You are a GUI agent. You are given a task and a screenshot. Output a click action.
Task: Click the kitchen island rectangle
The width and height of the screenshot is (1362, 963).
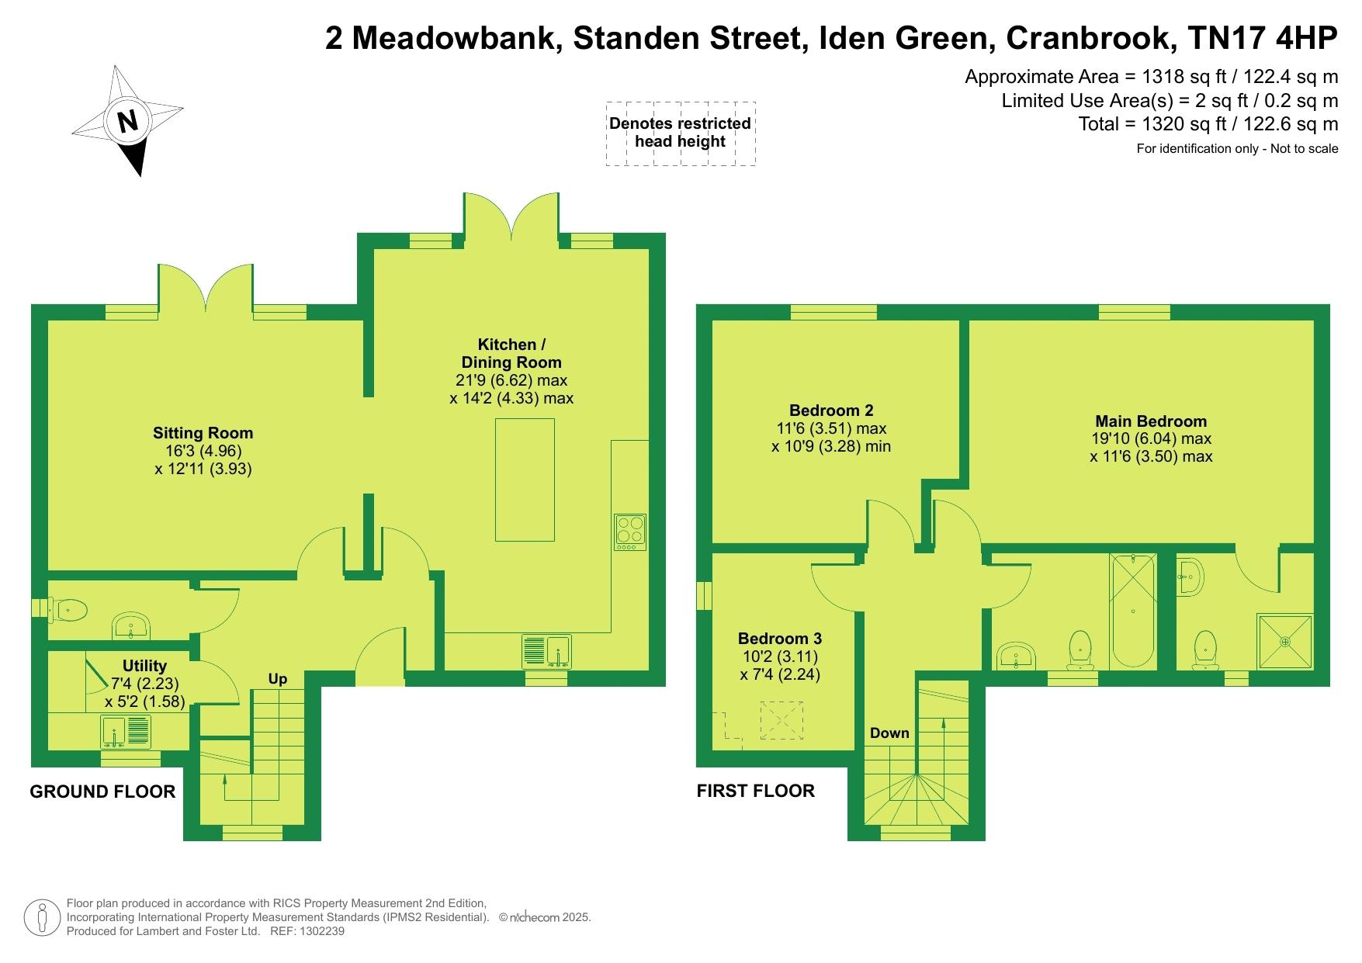525,480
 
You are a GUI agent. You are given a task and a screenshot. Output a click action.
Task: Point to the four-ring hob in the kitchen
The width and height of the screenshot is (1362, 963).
629,532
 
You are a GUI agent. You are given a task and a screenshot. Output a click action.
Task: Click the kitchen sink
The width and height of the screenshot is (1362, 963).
547,651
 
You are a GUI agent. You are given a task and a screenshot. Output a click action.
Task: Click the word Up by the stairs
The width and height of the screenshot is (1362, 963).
278,680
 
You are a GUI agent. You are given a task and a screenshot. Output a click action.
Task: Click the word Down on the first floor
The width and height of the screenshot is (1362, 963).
889,733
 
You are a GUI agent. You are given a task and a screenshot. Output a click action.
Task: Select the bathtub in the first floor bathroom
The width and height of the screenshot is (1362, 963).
1134,611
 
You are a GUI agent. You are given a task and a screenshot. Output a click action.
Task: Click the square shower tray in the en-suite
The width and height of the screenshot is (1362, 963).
1285,642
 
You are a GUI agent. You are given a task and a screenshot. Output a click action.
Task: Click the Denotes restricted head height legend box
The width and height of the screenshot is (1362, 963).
680,133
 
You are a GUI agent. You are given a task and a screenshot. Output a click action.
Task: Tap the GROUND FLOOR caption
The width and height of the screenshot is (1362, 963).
102,792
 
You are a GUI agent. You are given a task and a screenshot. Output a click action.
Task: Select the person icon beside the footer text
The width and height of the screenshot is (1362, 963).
43,918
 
